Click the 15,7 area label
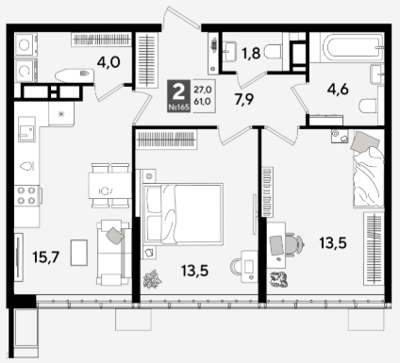(46, 257)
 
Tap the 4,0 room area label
(108, 62)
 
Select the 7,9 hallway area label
(244, 100)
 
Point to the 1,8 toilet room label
(251, 53)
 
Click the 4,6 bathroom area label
(338, 90)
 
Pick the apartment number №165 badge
(178, 107)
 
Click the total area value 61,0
(203, 101)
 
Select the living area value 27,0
(203, 90)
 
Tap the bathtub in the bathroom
(352, 48)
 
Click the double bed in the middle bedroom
(183, 214)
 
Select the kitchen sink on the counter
(26, 129)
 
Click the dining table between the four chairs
(109, 186)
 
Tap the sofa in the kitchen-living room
(114, 253)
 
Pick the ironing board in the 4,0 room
(75, 75)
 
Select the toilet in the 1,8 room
(273, 52)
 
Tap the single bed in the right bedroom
(368, 169)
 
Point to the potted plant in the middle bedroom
(153, 279)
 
